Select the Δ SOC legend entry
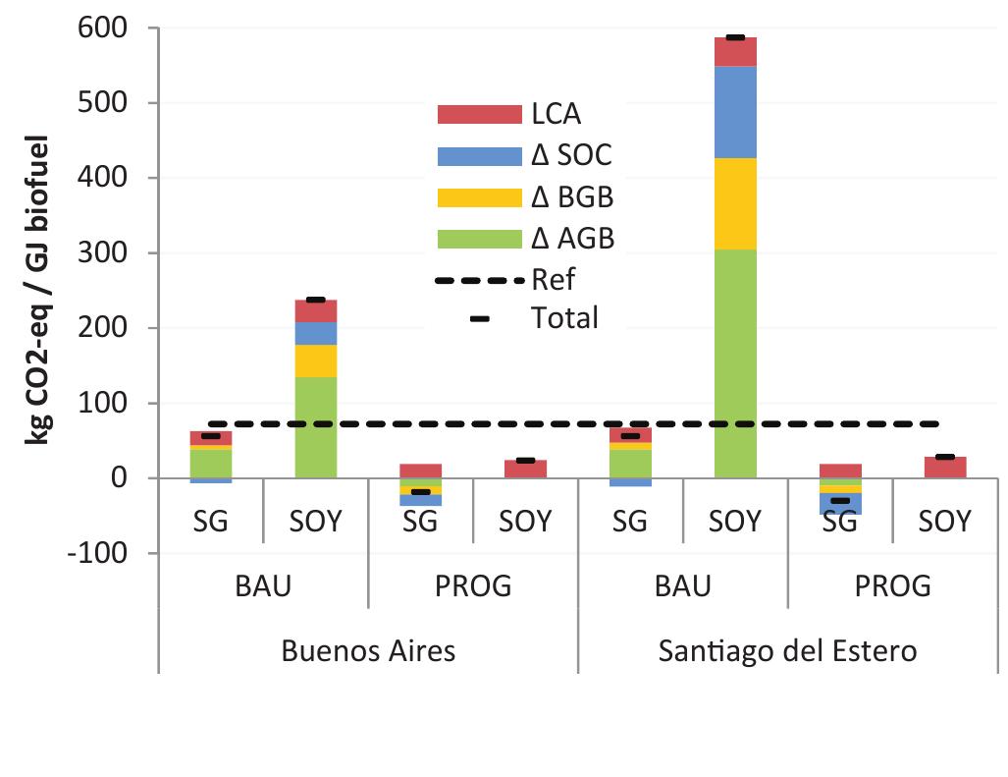coord(524,155)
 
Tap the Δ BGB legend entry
coord(525,196)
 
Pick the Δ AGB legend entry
coord(525,238)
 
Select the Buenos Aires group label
coord(368,651)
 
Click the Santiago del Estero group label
coord(787,651)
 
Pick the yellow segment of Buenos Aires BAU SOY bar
coord(316,361)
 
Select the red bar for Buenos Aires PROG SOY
coord(525,470)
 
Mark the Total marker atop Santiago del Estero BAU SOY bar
coord(735,37)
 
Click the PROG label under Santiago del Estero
coord(891,586)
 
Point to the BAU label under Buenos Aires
coord(263,586)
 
